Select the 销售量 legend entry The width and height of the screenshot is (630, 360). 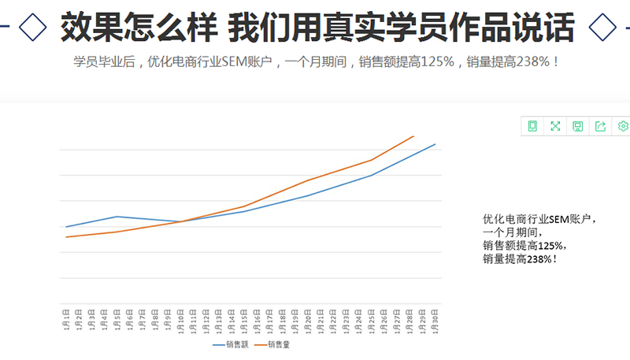pyautogui.click(x=278, y=345)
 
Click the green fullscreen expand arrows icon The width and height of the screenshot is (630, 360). pyautogui.click(x=555, y=126)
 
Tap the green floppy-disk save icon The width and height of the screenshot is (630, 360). pyautogui.click(x=577, y=126)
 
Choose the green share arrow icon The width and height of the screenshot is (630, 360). pyautogui.click(x=600, y=126)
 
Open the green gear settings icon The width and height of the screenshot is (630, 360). pyautogui.click(x=623, y=126)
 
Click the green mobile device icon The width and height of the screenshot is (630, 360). pyautogui.click(x=532, y=126)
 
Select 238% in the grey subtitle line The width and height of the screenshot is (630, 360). pyautogui.click(x=533, y=61)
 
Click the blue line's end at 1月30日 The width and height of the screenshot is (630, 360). pyautogui.click(x=435, y=144)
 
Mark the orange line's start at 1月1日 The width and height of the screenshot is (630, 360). pyautogui.click(x=66, y=237)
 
